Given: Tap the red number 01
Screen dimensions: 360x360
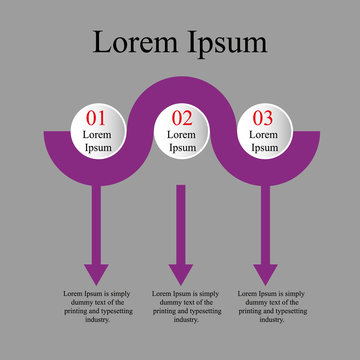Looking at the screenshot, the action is coord(96,117).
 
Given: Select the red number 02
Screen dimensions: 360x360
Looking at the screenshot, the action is coord(181,117).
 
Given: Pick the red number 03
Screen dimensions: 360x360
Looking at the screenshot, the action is coord(264,117).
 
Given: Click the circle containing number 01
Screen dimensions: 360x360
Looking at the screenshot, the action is coord(96,132).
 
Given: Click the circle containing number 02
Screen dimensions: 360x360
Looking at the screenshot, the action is coord(181,132).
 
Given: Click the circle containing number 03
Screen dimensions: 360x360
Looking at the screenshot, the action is coord(264,132).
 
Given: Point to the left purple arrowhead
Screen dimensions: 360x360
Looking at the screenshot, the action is coord(96,273).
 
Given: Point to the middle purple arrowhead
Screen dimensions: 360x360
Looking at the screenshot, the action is coord(181,273).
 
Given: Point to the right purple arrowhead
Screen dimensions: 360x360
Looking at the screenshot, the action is coord(265,273).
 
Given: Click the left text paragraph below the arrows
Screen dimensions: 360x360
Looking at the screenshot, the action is coord(96,306).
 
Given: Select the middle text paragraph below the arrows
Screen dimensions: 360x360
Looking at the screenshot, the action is coord(181,306).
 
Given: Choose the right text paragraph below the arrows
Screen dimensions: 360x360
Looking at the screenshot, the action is coord(266,306).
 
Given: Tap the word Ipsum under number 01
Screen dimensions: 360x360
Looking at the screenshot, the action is coord(96,147).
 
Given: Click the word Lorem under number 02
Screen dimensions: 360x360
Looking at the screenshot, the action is coord(181,134).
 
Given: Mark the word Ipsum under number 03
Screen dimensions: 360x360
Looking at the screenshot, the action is coord(264,147).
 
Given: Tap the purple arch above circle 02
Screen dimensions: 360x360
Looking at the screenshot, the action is coord(181,88).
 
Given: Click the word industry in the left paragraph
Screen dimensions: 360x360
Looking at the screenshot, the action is coord(97,320).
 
